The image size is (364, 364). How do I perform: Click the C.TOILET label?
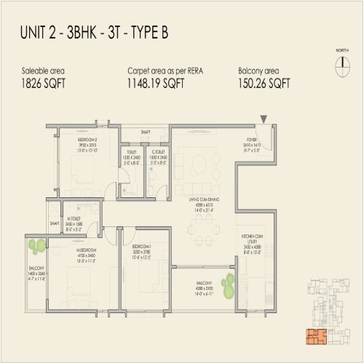(x=159, y=151)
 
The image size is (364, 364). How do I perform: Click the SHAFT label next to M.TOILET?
(x=55, y=223)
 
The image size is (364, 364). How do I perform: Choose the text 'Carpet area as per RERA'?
(x=164, y=71)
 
